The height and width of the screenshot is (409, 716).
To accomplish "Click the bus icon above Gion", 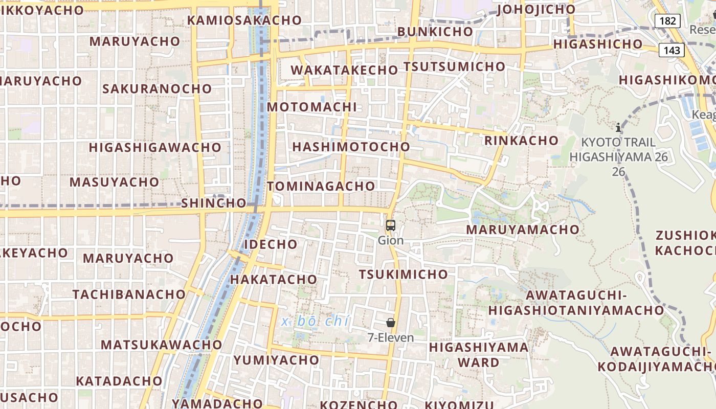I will (x=391, y=225).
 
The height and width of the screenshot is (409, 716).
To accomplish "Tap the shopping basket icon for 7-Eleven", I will (x=391, y=323).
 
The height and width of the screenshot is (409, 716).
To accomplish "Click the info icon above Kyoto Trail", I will (x=618, y=127).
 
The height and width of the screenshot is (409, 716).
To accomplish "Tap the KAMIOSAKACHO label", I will (x=244, y=20).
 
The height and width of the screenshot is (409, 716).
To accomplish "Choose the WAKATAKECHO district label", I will (x=345, y=70).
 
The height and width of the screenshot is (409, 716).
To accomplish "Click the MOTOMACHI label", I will (x=312, y=107).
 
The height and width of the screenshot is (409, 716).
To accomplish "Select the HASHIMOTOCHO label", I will (x=351, y=147).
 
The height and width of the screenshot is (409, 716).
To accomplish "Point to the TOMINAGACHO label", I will (x=321, y=186).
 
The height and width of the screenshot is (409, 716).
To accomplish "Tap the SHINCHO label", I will (x=214, y=203).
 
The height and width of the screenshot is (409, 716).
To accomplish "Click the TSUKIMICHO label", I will (x=404, y=275).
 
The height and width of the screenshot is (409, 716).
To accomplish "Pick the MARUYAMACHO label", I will (x=522, y=230).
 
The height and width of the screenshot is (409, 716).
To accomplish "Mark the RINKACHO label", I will (x=521, y=141).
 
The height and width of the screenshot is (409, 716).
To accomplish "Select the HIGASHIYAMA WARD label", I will (x=479, y=355).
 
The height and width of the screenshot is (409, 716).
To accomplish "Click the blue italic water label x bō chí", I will (x=316, y=321).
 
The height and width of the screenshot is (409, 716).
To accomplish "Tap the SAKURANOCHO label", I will (x=157, y=89).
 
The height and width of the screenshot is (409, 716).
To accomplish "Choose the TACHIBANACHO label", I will (x=129, y=294).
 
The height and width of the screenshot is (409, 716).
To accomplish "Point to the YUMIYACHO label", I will (x=276, y=360).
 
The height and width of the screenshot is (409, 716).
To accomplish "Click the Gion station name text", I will (x=391, y=240).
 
